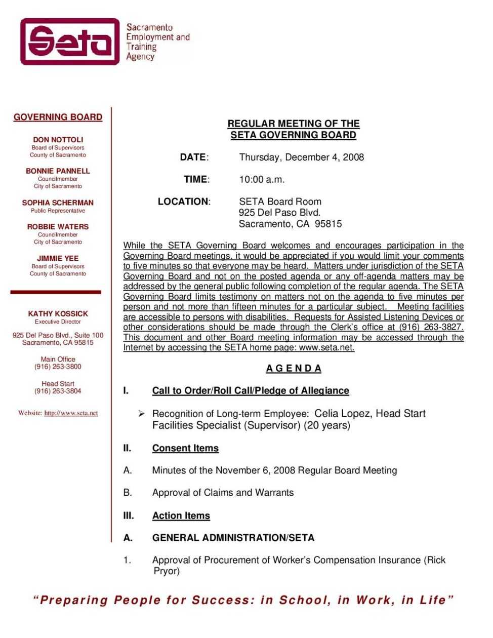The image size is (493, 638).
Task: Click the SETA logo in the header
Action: pos(70,42)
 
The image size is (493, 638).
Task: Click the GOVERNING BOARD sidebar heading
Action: pos(58,117)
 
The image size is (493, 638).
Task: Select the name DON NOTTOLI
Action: pos(58,139)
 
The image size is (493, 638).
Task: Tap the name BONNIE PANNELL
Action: pos(58,171)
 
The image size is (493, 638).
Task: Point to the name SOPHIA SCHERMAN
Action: pos(58,202)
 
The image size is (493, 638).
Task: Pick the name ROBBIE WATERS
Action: pos(58,226)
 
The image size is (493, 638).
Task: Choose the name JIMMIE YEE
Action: pos(58,258)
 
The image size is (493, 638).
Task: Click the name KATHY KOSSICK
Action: pos(58,313)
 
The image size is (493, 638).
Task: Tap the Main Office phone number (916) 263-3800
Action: pos(58,367)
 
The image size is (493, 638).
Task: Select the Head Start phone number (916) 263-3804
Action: pos(58,391)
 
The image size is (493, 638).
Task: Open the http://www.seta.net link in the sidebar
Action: pos(71,413)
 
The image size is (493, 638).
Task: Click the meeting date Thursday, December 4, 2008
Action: pos(301,157)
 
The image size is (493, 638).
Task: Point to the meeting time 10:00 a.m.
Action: pos(262,179)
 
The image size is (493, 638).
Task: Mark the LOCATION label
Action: pos(184,202)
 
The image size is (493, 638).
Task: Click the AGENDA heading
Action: pos(294,368)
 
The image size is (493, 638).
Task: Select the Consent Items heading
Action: pos(185,448)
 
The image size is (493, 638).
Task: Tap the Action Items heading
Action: pos(181,515)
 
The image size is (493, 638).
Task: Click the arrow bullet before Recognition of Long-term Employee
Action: pos(142,414)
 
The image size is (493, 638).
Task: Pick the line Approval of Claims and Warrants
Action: pos(223,493)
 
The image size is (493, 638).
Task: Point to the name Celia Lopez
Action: pos(342,413)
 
